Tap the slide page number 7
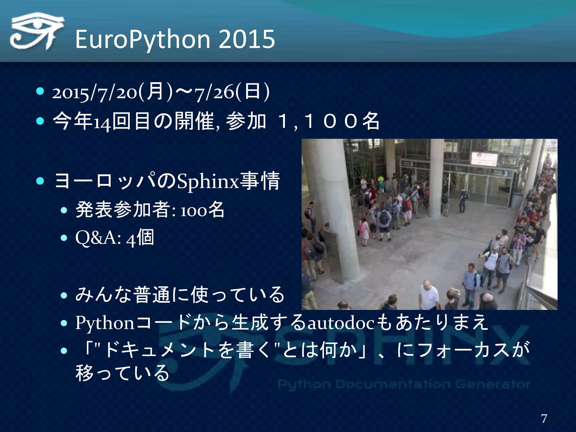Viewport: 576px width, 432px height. click(x=544, y=418)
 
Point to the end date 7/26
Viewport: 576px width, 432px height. click(x=215, y=93)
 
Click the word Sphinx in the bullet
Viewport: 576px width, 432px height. click(x=208, y=181)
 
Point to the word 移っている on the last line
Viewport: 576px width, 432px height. click(x=123, y=373)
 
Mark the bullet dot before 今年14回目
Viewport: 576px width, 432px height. click(x=40, y=121)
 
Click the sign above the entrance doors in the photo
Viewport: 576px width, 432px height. click(x=484, y=158)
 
